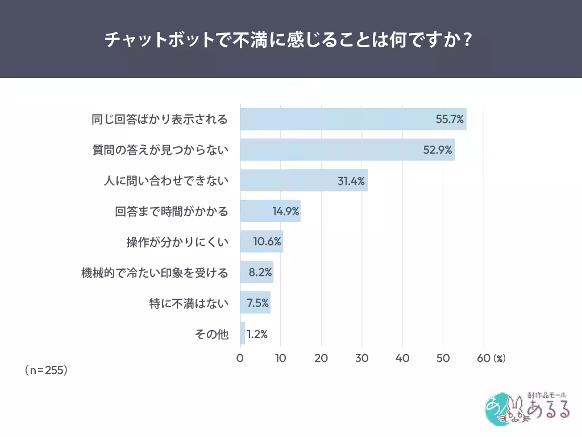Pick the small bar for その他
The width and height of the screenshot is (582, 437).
pyautogui.click(x=243, y=333)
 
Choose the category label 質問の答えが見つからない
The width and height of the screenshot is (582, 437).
pyautogui.click(x=160, y=150)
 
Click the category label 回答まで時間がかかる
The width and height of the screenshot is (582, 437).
pyautogui.click(x=172, y=212)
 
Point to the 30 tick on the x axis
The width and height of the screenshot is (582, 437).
pyautogui.click(x=362, y=358)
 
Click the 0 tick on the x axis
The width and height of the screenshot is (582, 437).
pyautogui.click(x=240, y=358)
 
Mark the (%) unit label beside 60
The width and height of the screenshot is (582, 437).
pyautogui.click(x=499, y=358)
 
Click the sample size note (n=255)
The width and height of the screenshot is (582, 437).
pyautogui.click(x=47, y=370)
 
